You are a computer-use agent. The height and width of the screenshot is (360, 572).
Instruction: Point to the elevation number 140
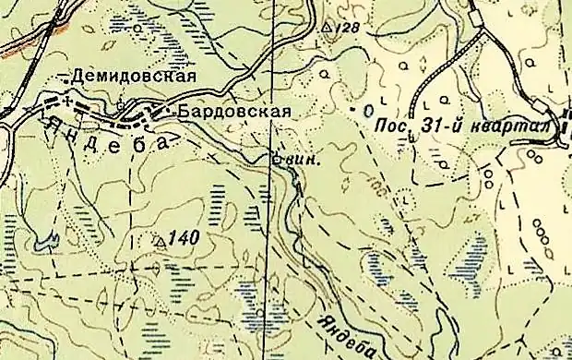185,238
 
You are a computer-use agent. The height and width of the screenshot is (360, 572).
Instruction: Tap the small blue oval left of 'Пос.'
369,110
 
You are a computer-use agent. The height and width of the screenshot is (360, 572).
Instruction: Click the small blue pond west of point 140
41,245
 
